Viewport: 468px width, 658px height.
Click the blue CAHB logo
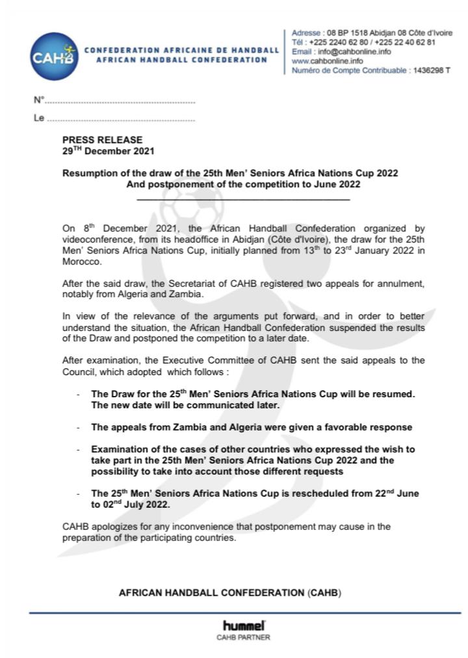(53, 55)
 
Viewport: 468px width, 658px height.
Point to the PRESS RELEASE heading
(102, 140)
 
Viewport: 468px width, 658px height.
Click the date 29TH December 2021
(108, 150)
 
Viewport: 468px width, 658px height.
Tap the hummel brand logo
(243, 625)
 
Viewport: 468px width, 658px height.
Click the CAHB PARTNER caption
(243, 638)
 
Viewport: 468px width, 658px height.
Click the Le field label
(38, 118)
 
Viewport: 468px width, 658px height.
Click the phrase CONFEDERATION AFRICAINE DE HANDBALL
(182, 49)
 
